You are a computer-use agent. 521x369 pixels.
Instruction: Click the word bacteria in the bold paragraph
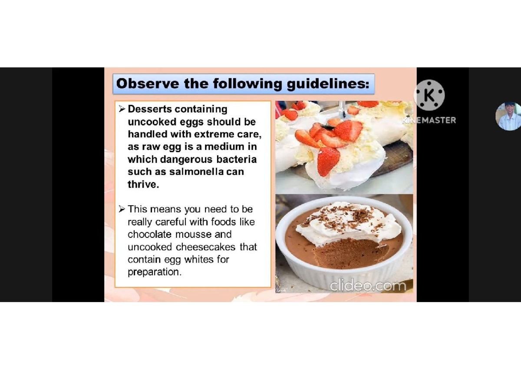pyautogui.click(x=237, y=160)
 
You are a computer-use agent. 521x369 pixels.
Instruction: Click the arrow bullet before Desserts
pyautogui.click(x=122, y=109)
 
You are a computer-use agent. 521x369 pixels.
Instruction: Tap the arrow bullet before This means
pyautogui.click(x=122, y=209)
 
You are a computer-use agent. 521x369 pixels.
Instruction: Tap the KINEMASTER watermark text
pyautogui.click(x=430, y=120)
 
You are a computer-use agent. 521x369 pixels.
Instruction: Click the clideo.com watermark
pyautogui.click(x=368, y=286)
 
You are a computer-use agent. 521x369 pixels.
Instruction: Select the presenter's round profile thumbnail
pyautogui.click(x=508, y=116)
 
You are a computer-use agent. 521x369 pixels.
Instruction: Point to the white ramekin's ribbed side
pyautogui.click(x=343, y=272)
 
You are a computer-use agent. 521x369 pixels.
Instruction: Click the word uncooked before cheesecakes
pyautogui.click(x=150, y=247)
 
